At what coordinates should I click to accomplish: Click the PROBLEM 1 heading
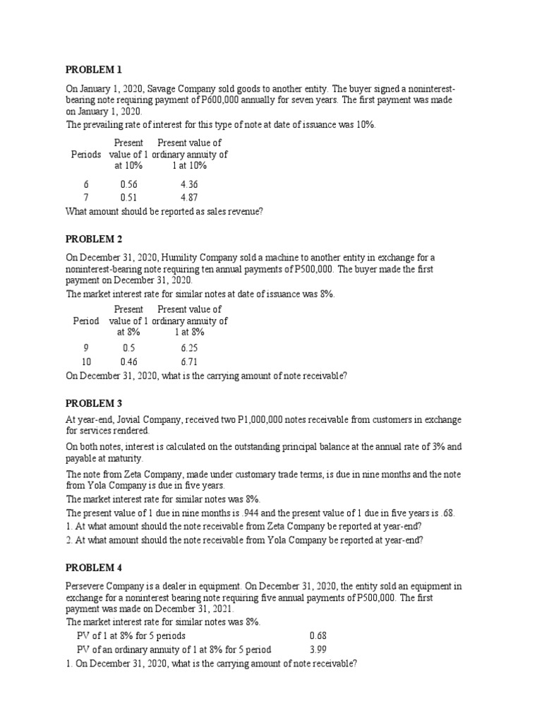[x=94, y=69]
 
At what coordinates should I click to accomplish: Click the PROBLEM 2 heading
[x=94, y=239]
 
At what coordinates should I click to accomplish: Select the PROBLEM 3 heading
[x=94, y=403]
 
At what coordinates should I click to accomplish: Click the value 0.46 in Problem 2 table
[x=128, y=361]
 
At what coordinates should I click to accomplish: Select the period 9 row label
[x=86, y=348]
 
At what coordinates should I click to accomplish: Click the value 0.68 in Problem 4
[x=318, y=635]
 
